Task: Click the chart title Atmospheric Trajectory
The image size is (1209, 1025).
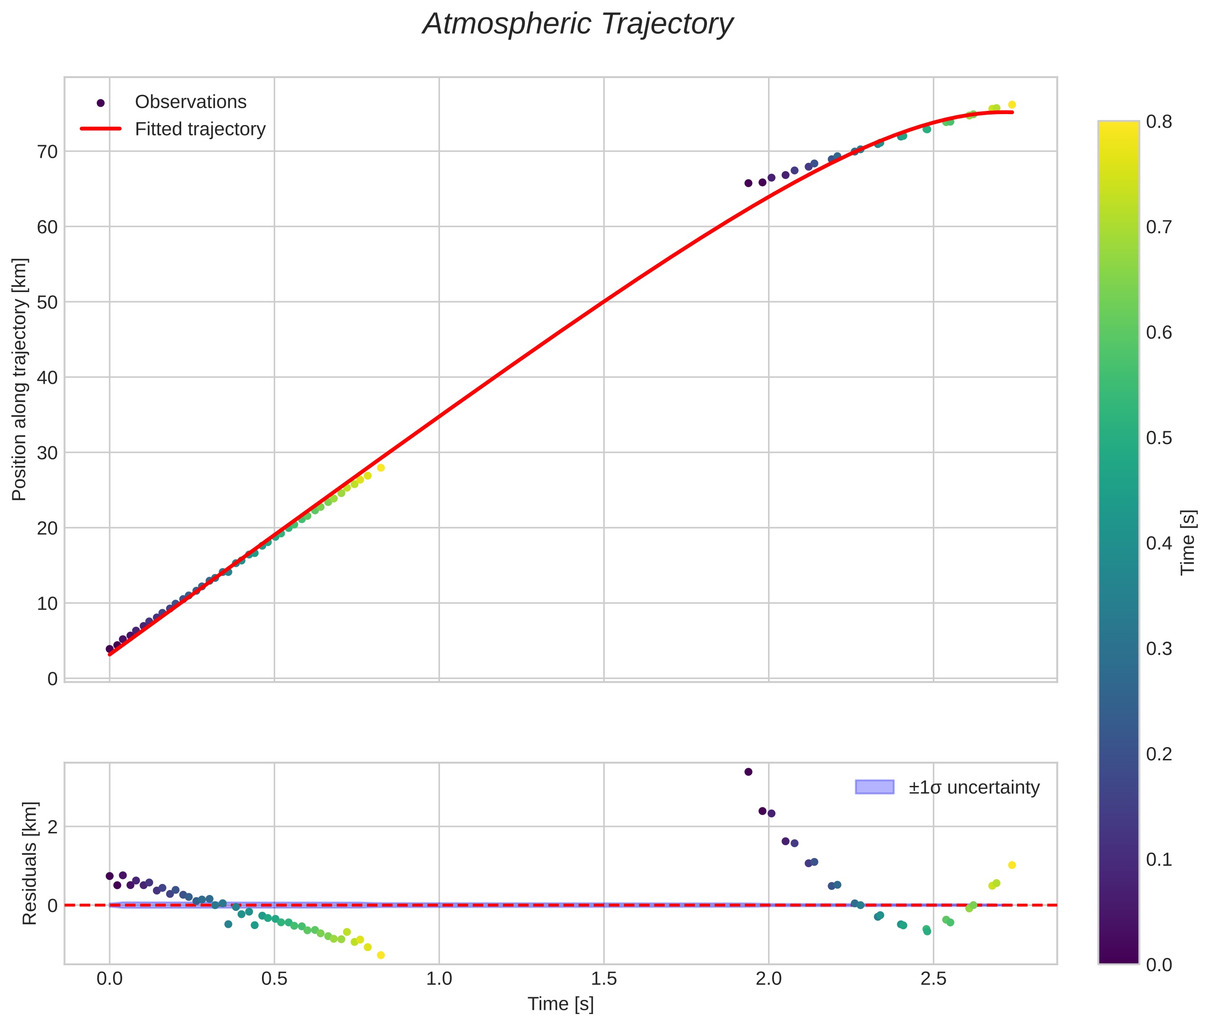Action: point(577,24)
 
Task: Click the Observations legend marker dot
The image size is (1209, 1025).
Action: point(100,103)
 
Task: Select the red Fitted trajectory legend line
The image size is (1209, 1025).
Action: point(100,128)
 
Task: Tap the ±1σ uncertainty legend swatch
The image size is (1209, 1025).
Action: point(874,787)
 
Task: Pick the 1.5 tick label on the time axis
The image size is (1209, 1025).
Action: point(604,978)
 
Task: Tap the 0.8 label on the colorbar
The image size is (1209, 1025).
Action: point(1158,121)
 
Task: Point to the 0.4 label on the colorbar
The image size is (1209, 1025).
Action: point(1158,543)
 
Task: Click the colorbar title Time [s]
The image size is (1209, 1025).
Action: point(1188,542)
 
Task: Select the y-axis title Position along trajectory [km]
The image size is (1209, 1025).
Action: point(19,379)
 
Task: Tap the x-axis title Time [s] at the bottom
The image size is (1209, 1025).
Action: point(560,1004)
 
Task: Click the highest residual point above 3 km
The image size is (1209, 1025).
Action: point(748,772)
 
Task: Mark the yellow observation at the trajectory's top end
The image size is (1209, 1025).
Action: point(1011,105)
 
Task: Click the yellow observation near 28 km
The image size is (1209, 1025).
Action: point(381,468)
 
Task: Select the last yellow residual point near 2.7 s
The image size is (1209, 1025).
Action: point(1011,865)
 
